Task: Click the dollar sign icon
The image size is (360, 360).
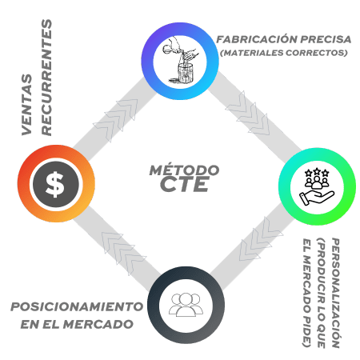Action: pos(55,184)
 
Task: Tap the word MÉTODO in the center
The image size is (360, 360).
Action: pos(184,170)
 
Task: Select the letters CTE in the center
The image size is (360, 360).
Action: pos(185,184)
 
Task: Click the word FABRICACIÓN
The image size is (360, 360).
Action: pos(257,39)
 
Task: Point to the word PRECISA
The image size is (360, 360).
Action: pos(326,39)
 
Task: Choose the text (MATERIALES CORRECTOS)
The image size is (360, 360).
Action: pos(284,53)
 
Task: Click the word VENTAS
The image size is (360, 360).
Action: pos(26,105)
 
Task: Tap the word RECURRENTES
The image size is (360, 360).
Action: pos(46,78)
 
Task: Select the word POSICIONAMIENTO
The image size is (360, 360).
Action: pos(77,306)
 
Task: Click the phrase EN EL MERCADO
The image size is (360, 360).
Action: pos(77,324)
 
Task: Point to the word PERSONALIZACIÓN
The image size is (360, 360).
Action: pos(335,293)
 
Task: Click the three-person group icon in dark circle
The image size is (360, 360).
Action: pos(186,305)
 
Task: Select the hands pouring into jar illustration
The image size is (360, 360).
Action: pos(181,60)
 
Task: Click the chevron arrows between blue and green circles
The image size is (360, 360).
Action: pos(247,113)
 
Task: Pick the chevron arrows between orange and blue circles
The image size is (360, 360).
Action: pos(115,120)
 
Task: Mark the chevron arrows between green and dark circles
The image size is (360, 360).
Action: pos(261,239)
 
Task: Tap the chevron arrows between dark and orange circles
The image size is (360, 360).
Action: pos(124,254)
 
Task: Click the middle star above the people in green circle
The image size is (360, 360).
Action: pos(317,171)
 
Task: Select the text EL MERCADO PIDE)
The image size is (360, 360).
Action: pos(307,293)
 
